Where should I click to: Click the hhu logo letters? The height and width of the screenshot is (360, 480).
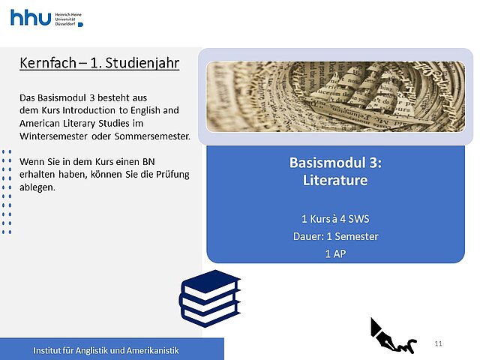pos(31,17)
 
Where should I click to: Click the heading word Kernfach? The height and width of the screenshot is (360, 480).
pos(48,63)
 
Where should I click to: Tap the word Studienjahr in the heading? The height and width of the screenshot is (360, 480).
pos(142,63)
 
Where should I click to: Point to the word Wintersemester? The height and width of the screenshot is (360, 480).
pos(53,136)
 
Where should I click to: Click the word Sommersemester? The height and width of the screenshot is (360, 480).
pos(152,136)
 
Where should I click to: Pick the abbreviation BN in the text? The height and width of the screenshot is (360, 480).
pos(148,161)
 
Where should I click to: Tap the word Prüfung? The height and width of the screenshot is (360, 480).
pos(172,175)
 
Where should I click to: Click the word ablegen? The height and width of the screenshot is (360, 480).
pos(37,187)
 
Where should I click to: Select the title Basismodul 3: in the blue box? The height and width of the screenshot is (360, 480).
pos(335,163)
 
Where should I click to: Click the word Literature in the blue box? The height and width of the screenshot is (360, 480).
pos(335,180)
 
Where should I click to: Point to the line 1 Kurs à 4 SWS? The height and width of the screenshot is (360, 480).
pos(335,219)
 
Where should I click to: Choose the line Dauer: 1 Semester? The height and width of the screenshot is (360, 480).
pos(336,236)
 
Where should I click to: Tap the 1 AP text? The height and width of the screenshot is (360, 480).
pos(335,253)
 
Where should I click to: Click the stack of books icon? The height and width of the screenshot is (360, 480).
pos(210,298)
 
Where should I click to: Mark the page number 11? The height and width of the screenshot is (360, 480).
pos(438,343)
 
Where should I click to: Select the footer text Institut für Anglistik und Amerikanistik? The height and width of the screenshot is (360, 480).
pos(106,350)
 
